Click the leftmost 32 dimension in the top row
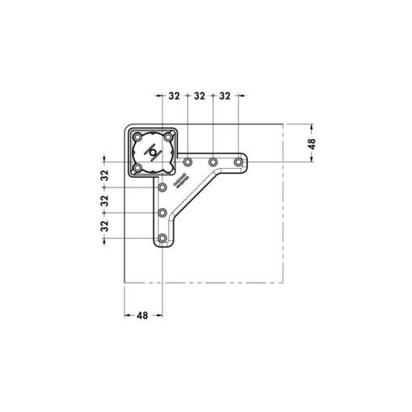174,96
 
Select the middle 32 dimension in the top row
200,96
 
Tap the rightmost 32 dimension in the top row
225,96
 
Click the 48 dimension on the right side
313,144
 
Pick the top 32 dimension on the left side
104,175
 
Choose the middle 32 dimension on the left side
104,201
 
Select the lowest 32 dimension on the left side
104,227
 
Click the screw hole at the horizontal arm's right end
239,163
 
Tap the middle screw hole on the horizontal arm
213,163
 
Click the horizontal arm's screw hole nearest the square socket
187,163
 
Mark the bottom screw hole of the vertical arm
162,239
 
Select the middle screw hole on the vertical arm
162,213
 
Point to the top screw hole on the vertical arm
162,187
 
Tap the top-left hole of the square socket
137,137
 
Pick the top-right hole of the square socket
167,137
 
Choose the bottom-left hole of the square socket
137,167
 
